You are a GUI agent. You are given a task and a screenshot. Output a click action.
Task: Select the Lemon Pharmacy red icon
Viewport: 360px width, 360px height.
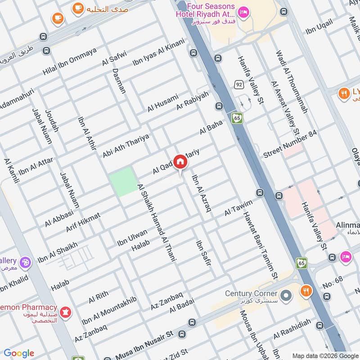66,311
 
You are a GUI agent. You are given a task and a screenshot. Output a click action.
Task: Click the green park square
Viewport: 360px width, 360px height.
122,181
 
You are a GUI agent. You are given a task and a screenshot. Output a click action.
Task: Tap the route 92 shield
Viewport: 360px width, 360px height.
238,85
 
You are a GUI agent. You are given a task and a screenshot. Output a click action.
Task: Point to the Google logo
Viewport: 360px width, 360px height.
19,353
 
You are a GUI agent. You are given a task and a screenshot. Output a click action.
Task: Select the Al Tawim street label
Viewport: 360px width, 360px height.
238,207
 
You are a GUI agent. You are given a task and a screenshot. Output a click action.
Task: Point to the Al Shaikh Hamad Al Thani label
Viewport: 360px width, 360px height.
157,223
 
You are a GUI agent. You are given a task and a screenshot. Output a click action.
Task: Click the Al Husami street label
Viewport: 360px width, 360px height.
163,103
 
